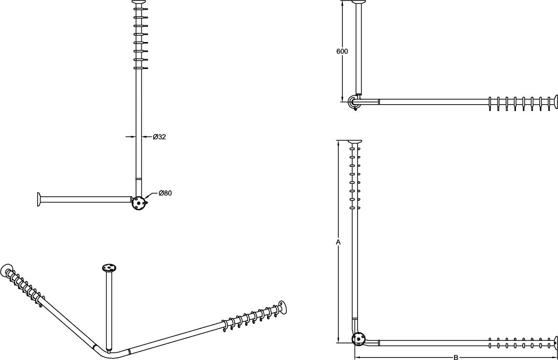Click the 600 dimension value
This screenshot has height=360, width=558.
click(x=342, y=51)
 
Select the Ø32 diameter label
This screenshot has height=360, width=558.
click(x=159, y=137)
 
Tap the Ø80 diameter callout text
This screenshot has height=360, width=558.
click(x=165, y=193)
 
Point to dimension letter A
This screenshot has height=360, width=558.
click(x=338, y=242)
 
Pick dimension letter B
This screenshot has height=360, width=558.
click(x=456, y=357)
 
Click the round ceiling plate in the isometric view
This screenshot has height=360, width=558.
click(x=110, y=268)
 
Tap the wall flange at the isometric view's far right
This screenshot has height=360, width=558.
click(x=283, y=308)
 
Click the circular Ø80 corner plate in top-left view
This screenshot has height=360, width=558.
click(x=139, y=202)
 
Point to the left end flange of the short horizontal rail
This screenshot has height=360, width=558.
click(x=39, y=200)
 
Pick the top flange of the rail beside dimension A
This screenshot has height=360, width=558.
click(x=355, y=142)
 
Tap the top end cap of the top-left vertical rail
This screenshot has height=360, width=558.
click(x=139, y=2)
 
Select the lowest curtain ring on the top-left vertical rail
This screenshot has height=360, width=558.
click(x=139, y=68)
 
